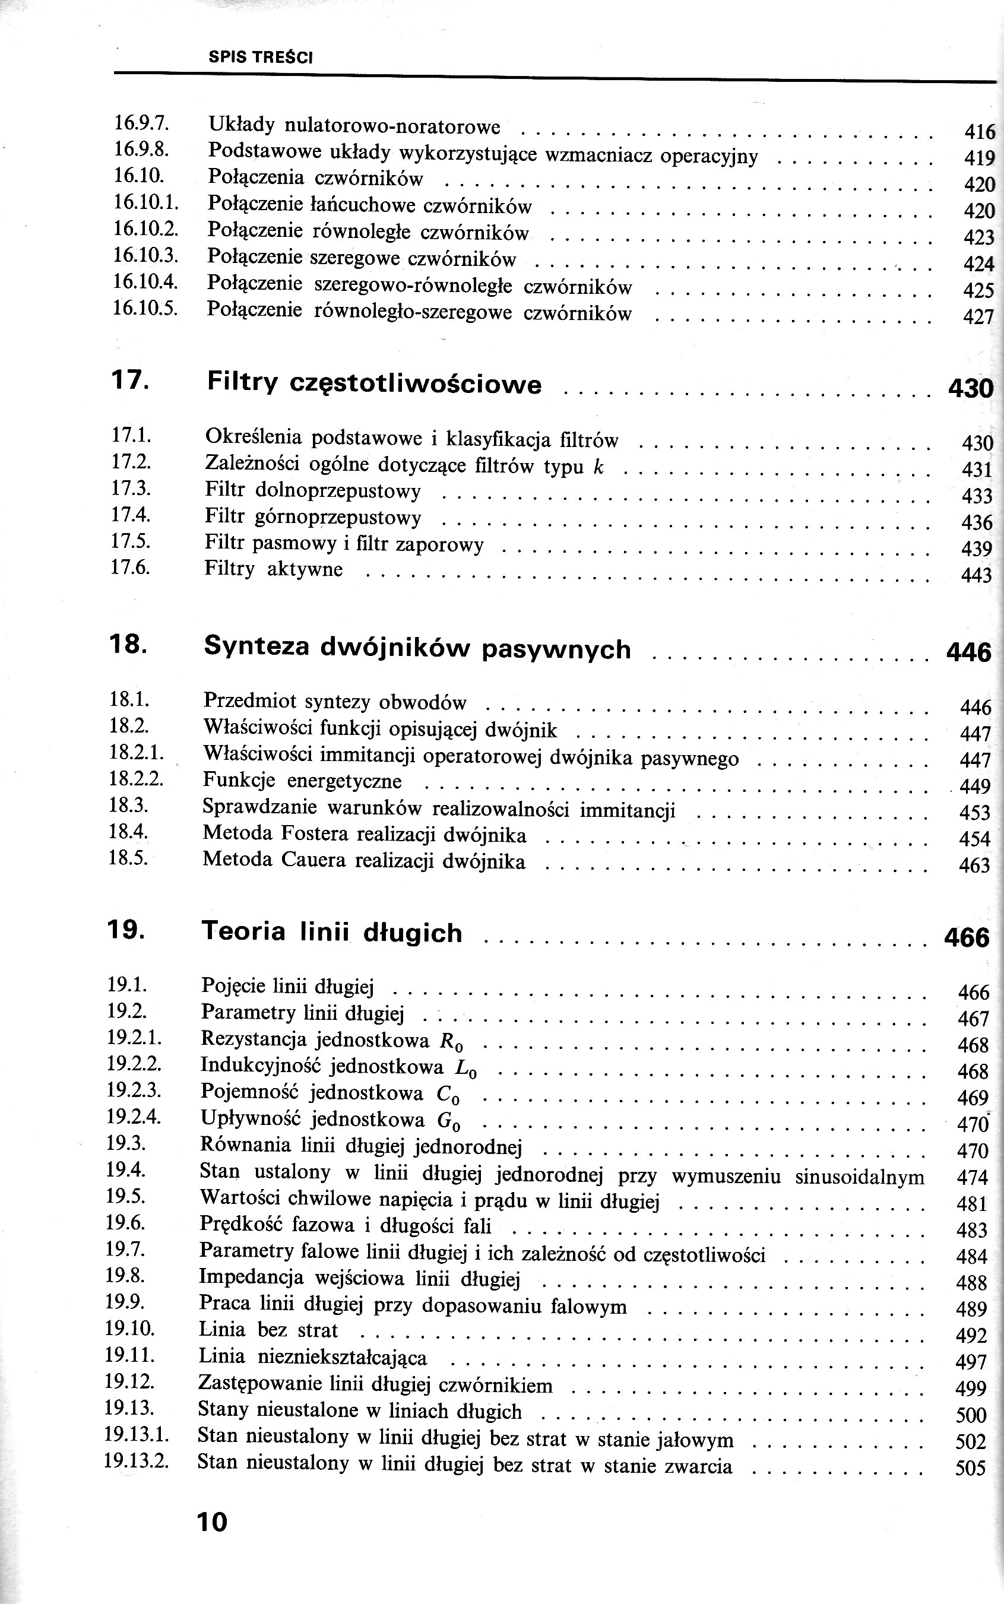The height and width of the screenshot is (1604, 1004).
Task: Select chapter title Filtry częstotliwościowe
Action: (x=375, y=383)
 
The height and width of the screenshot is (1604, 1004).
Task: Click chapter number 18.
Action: (x=128, y=645)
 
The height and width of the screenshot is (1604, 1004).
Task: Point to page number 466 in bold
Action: (x=967, y=937)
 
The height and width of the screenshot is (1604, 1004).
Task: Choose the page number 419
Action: (x=979, y=158)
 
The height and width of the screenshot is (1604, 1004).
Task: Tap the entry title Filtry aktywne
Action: (x=274, y=569)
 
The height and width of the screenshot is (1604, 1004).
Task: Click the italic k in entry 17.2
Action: (x=598, y=467)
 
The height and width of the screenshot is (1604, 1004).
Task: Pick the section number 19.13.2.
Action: (x=137, y=1462)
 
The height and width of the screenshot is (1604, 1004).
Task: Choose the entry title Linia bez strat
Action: (x=268, y=1330)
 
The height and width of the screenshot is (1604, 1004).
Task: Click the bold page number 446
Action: (x=968, y=652)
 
